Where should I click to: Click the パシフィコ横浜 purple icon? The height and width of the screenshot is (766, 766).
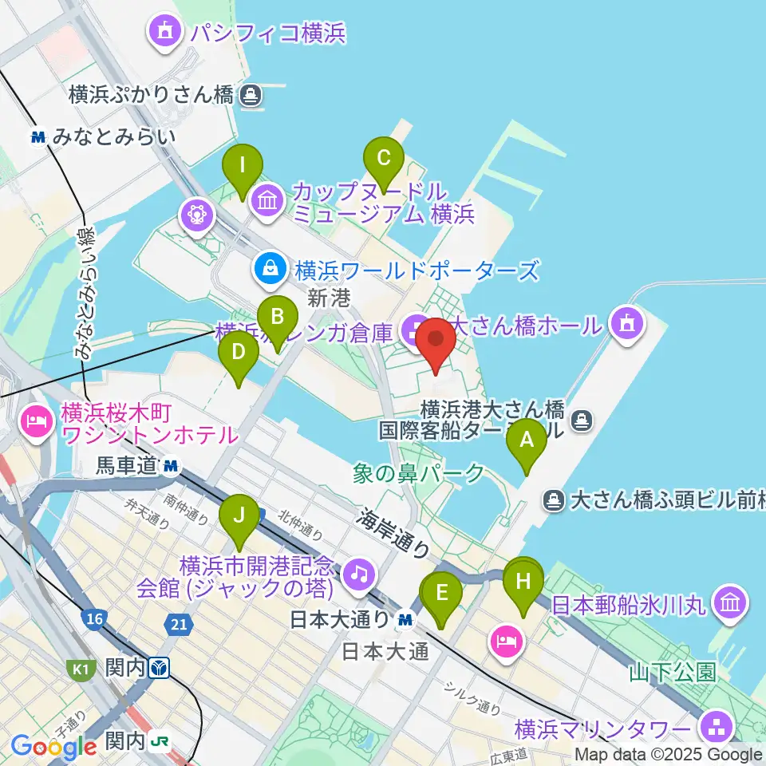[166, 33]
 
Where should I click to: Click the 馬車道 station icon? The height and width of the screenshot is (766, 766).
[170, 466]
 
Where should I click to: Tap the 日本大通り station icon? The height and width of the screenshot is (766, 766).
[406, 618]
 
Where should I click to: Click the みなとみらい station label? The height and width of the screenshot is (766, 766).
[113, 137]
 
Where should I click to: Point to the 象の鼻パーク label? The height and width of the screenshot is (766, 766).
[419, 474]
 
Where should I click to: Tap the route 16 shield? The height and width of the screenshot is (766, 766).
[94, 620]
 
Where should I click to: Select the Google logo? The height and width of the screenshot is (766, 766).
[53, 746]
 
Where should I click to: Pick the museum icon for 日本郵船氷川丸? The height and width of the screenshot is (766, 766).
[731, 602]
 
